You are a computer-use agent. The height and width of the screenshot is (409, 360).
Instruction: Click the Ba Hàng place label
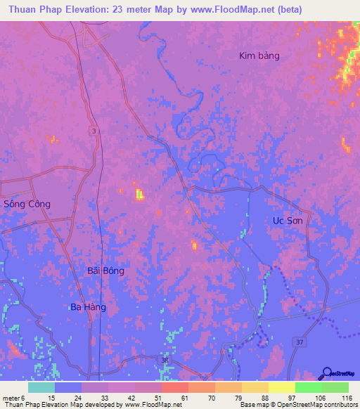point(88,307)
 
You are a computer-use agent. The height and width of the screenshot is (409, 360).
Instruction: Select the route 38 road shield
point(165,361)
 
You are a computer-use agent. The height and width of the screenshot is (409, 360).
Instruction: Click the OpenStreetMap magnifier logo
point(326,373)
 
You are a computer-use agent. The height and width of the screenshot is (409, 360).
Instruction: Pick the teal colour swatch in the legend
point(41,387)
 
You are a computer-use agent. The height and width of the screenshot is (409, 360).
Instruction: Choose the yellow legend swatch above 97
point(282,387)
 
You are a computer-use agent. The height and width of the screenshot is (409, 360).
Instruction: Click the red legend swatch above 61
point(174,387)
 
